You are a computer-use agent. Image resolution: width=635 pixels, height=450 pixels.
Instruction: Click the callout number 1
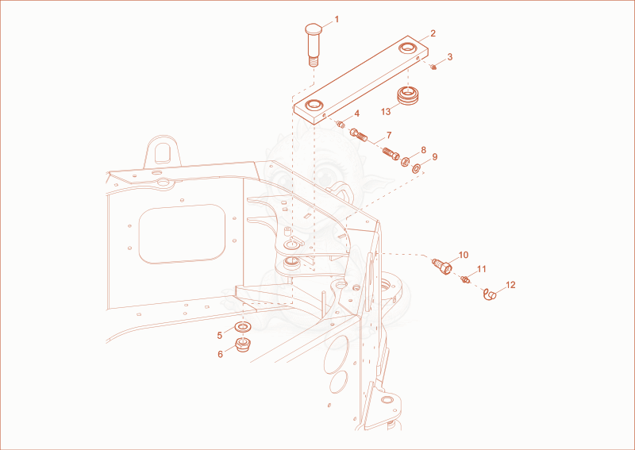click(337, 19)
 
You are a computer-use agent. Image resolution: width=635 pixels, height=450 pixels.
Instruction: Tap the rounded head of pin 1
click(313, 29)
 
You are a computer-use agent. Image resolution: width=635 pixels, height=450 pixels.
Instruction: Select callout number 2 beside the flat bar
click(433, 33)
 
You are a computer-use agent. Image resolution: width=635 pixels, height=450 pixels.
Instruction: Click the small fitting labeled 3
click(433, 66)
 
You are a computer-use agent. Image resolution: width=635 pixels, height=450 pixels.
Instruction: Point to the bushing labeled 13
click(406, 95)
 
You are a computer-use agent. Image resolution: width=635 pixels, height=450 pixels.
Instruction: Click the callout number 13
click(386, 111)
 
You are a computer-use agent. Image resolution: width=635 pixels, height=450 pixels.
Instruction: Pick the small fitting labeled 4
click(341, 125)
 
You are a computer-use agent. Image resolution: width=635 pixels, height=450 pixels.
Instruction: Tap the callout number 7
click(389, 135)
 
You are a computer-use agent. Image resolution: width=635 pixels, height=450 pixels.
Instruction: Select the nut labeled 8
click(406, 162)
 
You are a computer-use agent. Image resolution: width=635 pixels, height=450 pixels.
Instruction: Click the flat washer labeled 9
click(416, 168)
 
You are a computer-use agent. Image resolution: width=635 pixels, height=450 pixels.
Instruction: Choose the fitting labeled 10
click(442, 266)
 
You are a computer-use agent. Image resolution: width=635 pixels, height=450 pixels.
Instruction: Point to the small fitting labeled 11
click(465, 279)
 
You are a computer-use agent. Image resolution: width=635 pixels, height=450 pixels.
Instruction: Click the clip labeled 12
click(490, 295)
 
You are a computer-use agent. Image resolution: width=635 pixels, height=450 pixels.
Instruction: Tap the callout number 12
click(510, 285)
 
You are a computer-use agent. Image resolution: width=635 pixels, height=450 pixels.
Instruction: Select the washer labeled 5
click(243, 326)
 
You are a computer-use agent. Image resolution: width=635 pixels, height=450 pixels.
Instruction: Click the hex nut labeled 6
click(243, 344)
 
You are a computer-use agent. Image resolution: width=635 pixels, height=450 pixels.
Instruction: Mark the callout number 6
click(221, 355)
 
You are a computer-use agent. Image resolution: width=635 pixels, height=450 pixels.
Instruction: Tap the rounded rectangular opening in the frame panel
click(182, 233)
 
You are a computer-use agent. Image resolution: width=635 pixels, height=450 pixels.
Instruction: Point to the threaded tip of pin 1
click(313, 62)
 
